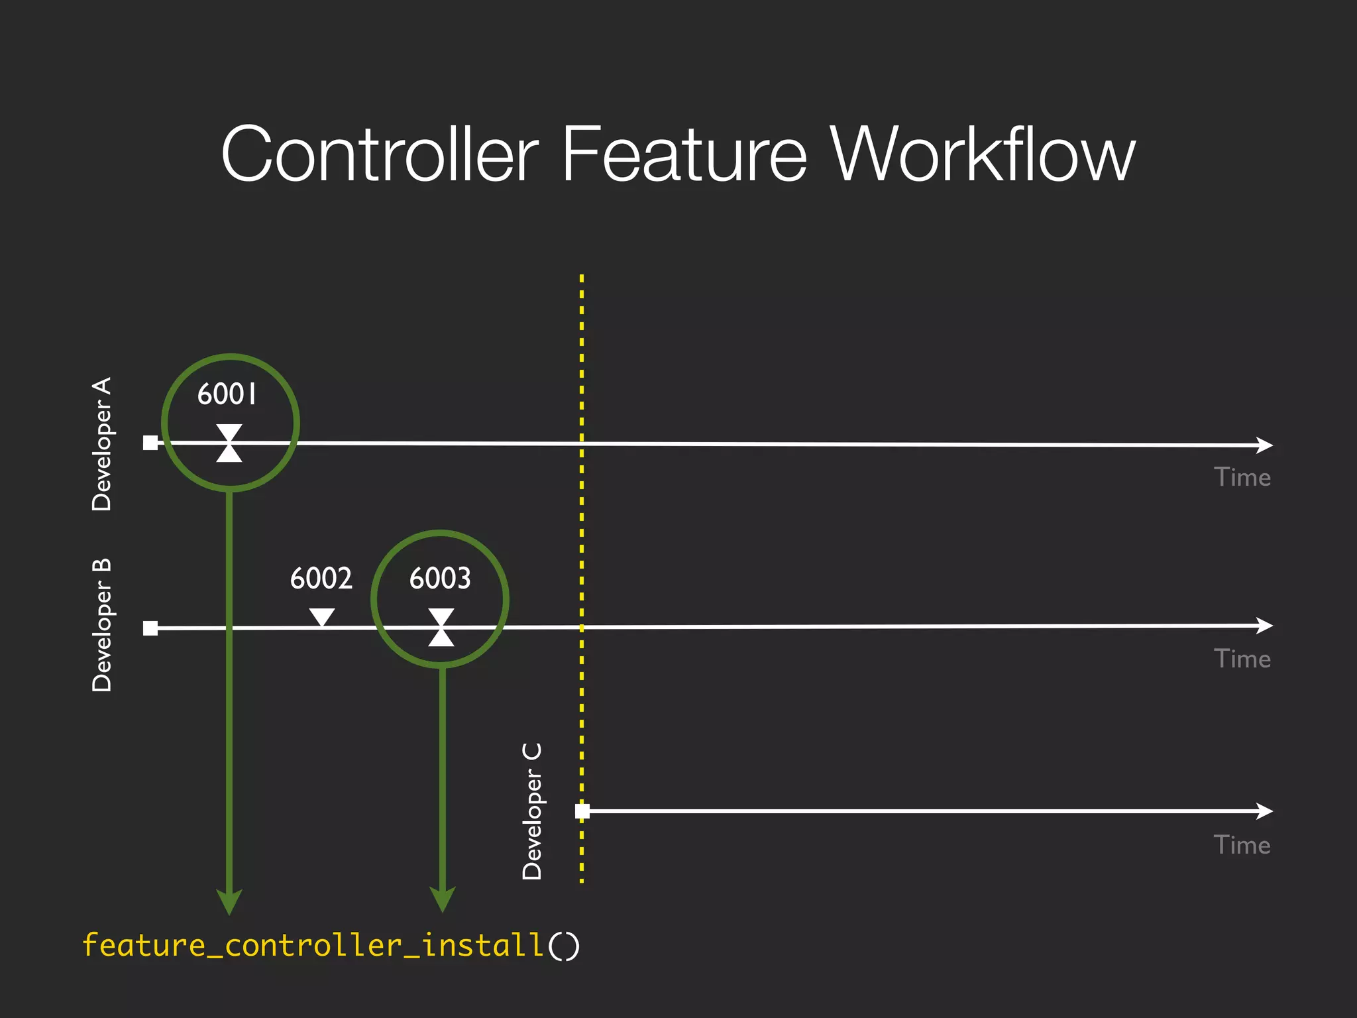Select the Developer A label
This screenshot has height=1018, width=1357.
tap(102, 444)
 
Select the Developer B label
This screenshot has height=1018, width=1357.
tap(102, 626)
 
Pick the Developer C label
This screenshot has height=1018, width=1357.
tap(532, 811)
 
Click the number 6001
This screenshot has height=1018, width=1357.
tap(227, 394)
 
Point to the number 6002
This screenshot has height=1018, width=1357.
tap(321, 578)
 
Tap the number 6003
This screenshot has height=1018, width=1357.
tap(440, 578)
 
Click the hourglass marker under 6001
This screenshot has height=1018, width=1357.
tap(229, 443)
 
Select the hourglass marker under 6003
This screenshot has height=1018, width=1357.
tap(441, 627)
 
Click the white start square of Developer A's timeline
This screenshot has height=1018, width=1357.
tap(150, 443)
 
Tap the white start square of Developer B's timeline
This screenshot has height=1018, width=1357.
tap(150, 628)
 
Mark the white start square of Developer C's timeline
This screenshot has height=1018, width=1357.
tap(582, 811)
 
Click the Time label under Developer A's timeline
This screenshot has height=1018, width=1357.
tap(1242, 478)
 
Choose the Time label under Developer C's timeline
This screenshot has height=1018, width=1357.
tap(1242, 846)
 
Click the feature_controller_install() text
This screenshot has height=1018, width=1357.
tap(331, 945)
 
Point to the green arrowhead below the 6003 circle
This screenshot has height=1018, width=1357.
tap(443, 899)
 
